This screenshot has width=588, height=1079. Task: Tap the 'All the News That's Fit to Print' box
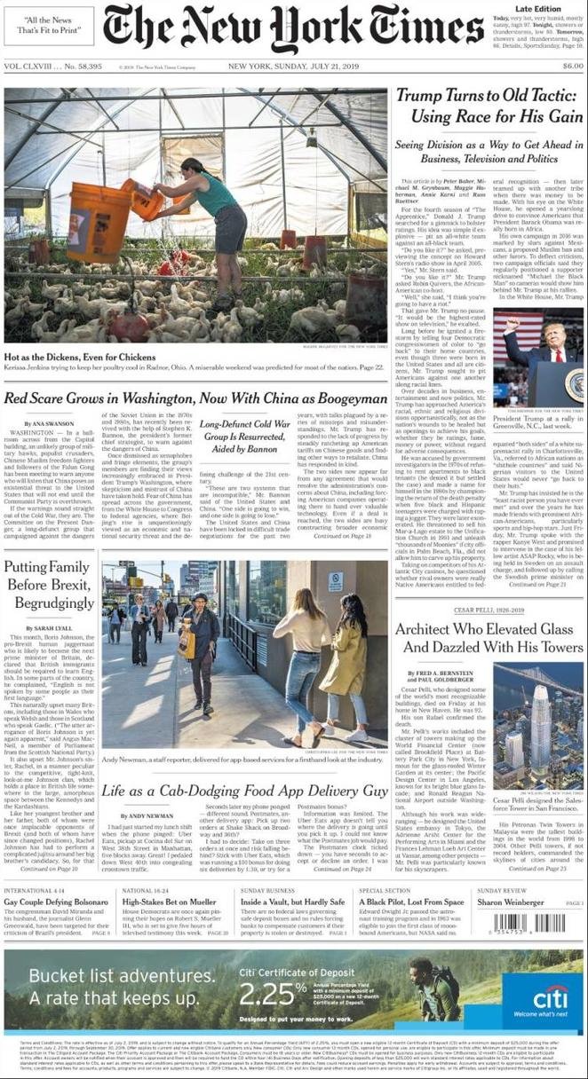pos(49,26)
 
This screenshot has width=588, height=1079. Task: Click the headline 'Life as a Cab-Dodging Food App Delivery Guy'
pos(244,790)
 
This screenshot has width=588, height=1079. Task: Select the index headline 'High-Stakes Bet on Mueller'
pos(169,902)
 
